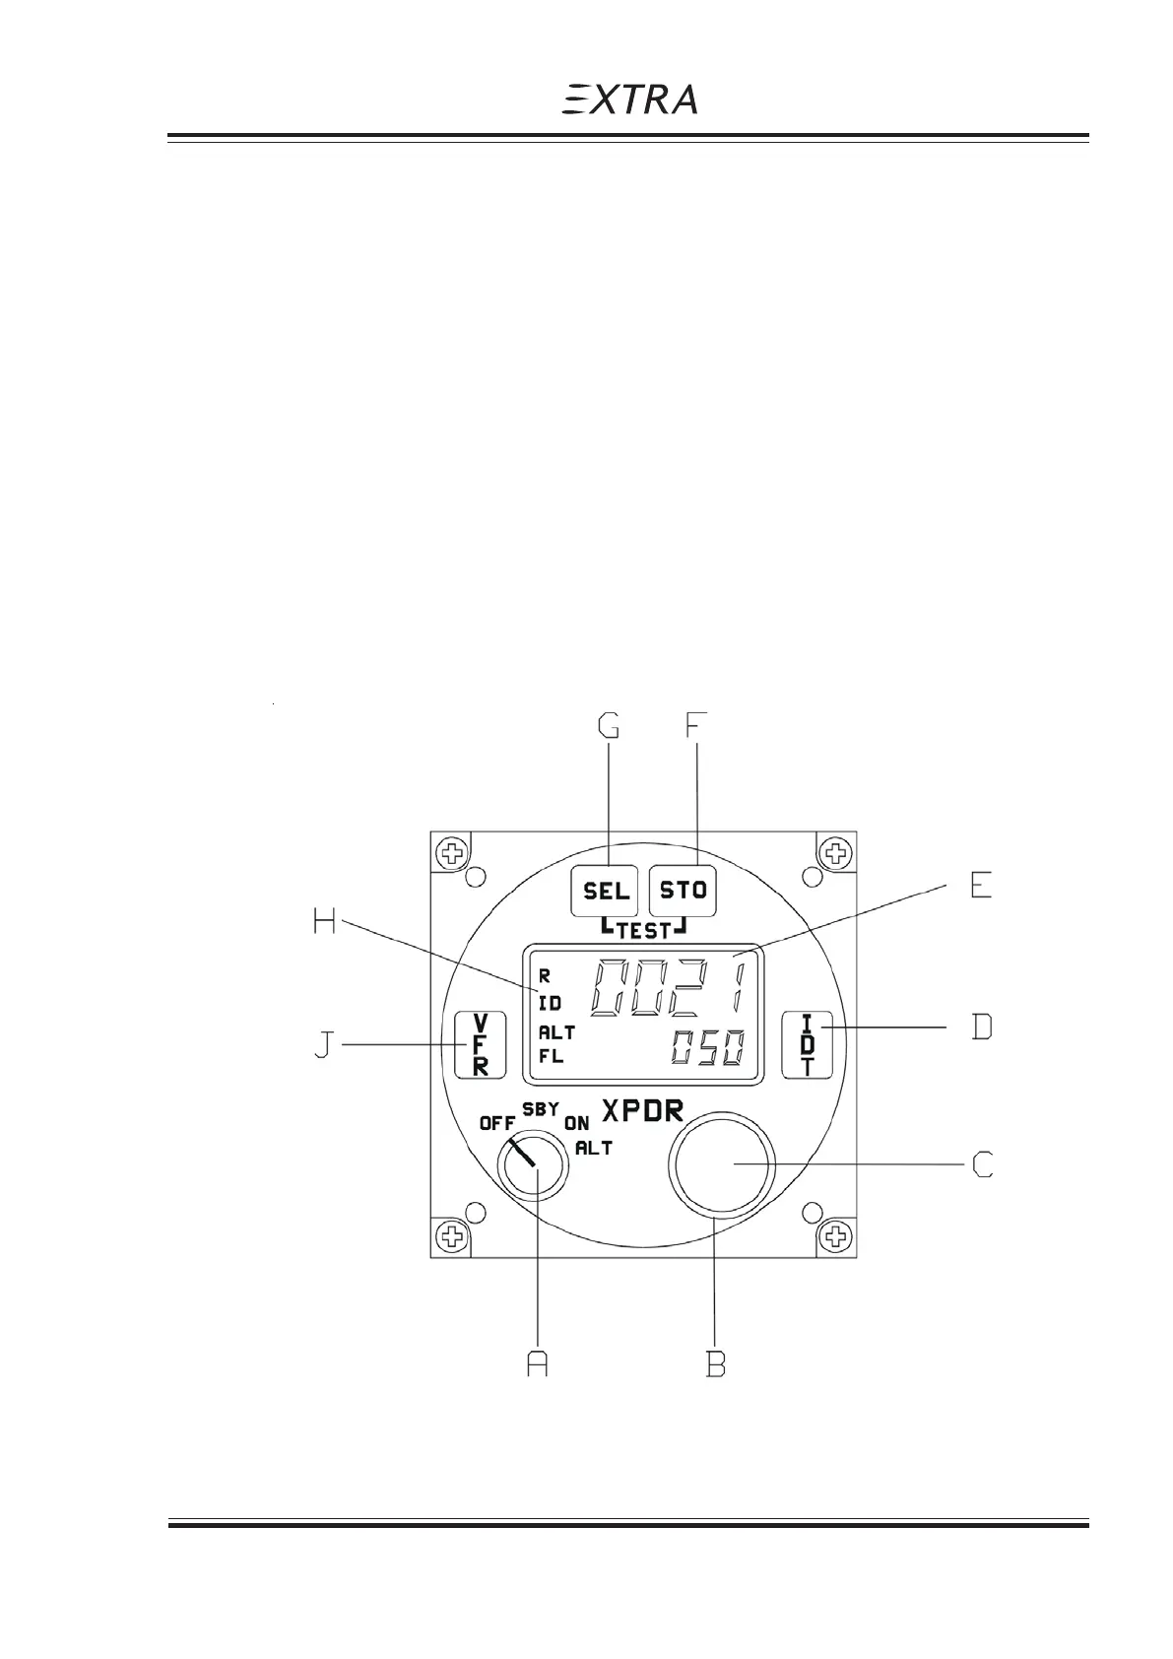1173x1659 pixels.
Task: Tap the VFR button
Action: [x=480, y=1045]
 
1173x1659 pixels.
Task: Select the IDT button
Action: [x=808, y=1045]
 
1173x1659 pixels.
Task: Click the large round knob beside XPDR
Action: [x=722, y=1163]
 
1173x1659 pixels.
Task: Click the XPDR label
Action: [x=643, y=1111]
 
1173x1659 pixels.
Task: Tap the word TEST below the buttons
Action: [x=643, y=931]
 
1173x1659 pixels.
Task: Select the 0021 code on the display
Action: [x=669, y=986]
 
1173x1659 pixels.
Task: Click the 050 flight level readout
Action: [x=707, y=1049]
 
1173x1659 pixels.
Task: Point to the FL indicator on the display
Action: [x=551, y=1057]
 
